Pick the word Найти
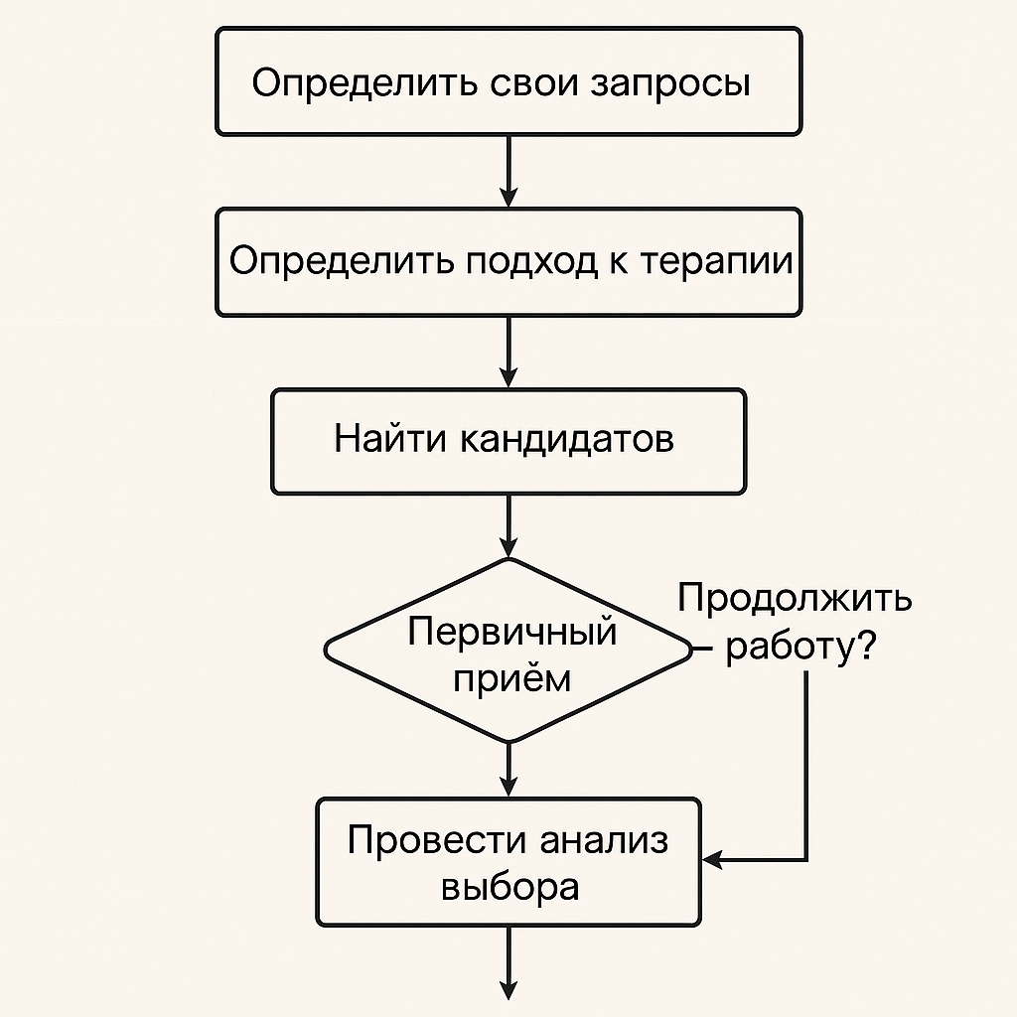pyautogui.click(x=390, y=438)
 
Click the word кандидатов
pyautogui.click(x=565, y=439)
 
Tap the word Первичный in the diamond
pyautogui.click(x=511, y=632)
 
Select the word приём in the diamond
pyautogui.click(x=511, y=679)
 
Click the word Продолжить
pyautogui.click(x=795, y=600)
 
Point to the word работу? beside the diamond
pyautogui.click(x=800, y=648)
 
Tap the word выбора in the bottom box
pyautogui.click(x=508, y=886)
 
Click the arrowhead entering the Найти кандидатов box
pyautogui.click(x=508, y=377)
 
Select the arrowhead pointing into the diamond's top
pyautogui.click(x=508, y=546)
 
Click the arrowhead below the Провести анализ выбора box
pyautogui.click(x=508, y=989)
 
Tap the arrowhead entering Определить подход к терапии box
pyautogui.click(x=508, y=197)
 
